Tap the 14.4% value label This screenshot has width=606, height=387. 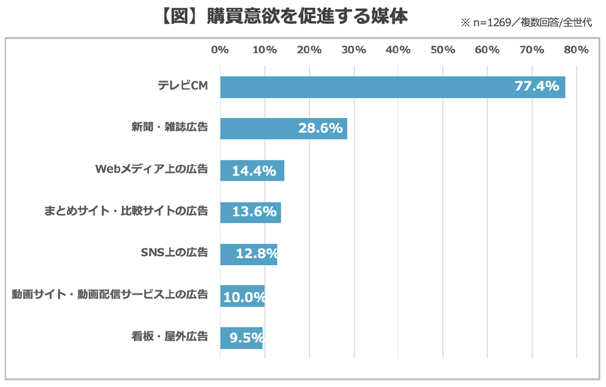tap(253, 171)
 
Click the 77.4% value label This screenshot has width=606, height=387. tap(536, 86)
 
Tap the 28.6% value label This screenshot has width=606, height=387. tap(320, 128)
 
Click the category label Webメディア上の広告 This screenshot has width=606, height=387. tap(151, 170)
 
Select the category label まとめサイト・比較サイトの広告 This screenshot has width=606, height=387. tap(126, 211)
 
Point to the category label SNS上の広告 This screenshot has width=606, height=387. tap(174, 253)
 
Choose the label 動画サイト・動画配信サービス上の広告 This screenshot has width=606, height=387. tap(110, 295)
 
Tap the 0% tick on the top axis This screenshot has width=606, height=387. tap(220, 50)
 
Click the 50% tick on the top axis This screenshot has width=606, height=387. tap(443, 50)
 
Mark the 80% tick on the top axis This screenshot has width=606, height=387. tap(576, 50)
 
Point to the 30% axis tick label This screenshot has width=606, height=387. tap(354, 50)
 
